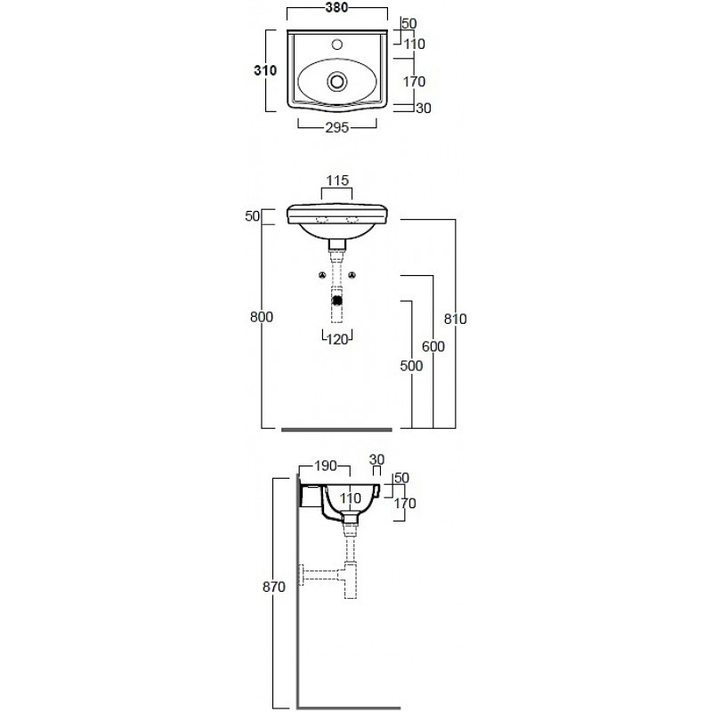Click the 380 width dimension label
[x=337, y=7]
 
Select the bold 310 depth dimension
[x=265, y=70]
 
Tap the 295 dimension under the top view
[x=337, y=127]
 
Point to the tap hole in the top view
[x=337, y=44]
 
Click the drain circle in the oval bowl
[x=337, y=82]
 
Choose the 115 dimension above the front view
[x=337, y=181]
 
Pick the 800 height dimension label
[x=262, y=317]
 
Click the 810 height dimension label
[x=455, y=319]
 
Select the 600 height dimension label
[x=433, y=346]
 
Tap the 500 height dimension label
[x=411, y=366]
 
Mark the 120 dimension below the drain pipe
[x=337, y=339]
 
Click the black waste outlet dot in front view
[x=337, y=300]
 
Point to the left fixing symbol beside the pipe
[x=322, y=275]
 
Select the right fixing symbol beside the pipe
[x=352, y=275]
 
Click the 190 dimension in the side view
[x=326, y=465]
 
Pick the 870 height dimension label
[x=274, y=587]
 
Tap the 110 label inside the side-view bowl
[x=350, y=498]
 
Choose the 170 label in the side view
[x=405, y=503]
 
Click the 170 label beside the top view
[x=414, y=82]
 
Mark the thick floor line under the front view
[x=336, y=430]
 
